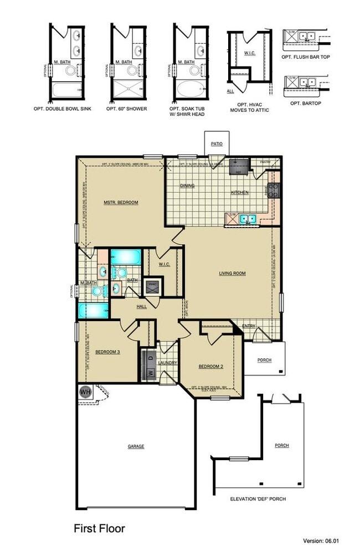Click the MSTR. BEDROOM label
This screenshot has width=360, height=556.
point(121,203)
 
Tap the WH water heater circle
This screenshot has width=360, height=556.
point(85,392)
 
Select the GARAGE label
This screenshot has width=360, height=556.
point(136,446)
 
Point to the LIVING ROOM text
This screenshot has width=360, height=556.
point(232,273)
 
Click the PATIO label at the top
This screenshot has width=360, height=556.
point(217,144)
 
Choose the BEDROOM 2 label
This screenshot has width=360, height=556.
point(210,367)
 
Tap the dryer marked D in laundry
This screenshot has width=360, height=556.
point(150,357)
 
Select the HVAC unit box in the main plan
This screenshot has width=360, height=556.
point(153,286)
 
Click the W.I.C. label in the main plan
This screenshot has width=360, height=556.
point(163,264)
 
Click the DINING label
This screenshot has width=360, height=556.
point(187,186)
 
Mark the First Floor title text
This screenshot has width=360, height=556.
point(99,529)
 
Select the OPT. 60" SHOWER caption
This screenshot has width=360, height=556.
point(127,109)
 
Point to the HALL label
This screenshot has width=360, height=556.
point(142,306)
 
